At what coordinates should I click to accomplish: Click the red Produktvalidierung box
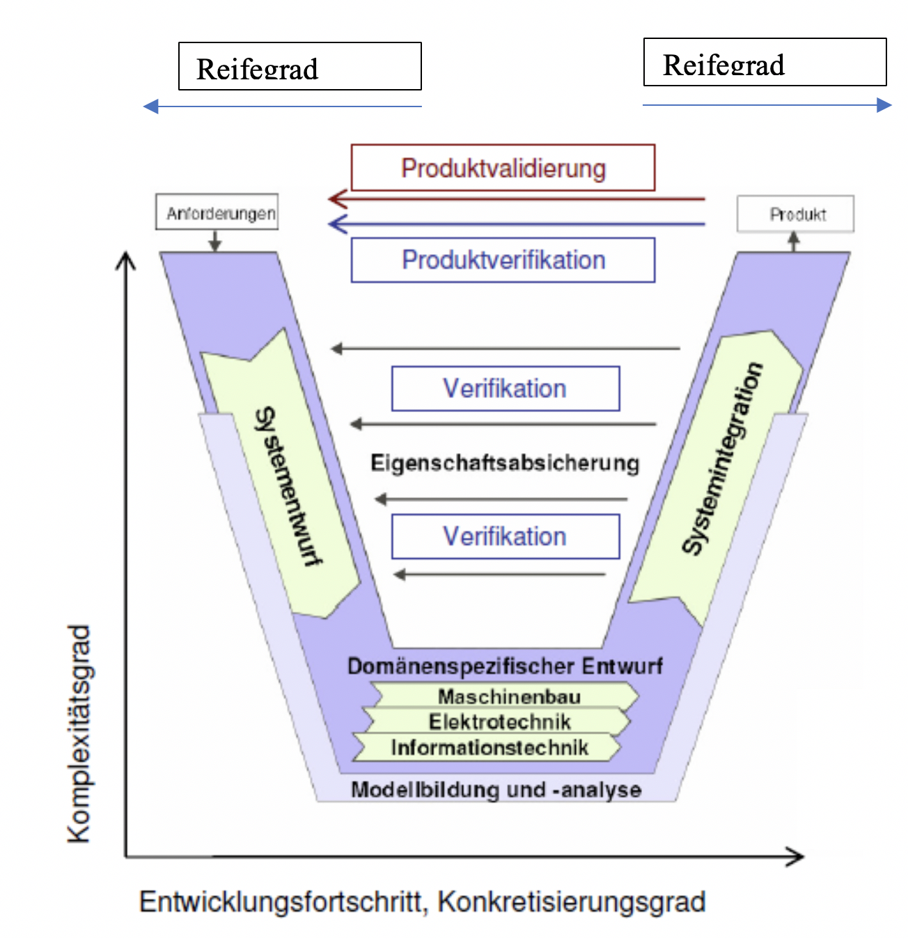pyautogui.click(x=503, y=168)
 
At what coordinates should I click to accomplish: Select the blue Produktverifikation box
pyautogui.click(x=503, y=260)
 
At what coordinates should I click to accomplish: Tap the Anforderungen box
pyautogui.click(x=217, y=213)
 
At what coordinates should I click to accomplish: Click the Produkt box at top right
pyautogui.click(x=795, y=214)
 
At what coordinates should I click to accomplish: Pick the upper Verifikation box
pyautogui.click(x=506, y=388)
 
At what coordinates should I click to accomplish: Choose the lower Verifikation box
pyautogui.click(x=506, y=537)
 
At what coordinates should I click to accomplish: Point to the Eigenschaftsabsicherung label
pyautogui.click(x=505, y=463)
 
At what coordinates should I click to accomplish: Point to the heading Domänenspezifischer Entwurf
pyautogui.click(x=505, y=666)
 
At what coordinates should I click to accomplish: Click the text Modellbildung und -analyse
pyautogui.click(x=496, y=790)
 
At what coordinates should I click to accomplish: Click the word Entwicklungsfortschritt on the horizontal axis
pyautogui.click(x=282, y=901)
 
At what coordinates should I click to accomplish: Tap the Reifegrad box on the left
pyautogui.click(x=300, y=67)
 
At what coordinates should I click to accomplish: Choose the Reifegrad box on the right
pyautogui.click(x=765, y=63)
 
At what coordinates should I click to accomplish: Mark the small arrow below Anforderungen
pyautogui.click(x=215, y=242)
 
